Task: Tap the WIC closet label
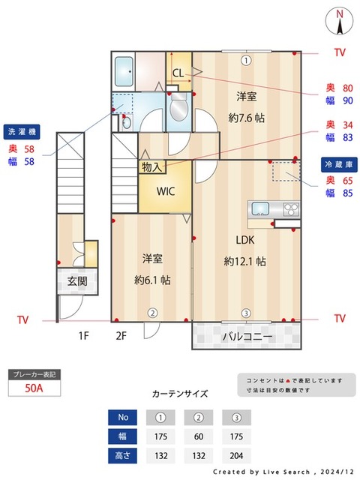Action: pyautogui.click(x=166, y=190)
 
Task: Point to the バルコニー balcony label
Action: pyautogui.click(x=247, y=337)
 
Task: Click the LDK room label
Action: pyautogui.click(x=245, y=241)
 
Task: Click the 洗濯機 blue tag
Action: pyautogui.click(x=22, y=130)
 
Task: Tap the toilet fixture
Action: pyautogui.click(x=178, y=110)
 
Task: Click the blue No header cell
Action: pyautogui.click(x=124, y=417)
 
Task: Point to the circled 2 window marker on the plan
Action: pyautogui.click(x=151, y=313)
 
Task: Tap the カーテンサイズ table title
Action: pyautogui.click(x=180, y=393)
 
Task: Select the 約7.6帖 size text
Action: pyautogui.click(x=246, y=118)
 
